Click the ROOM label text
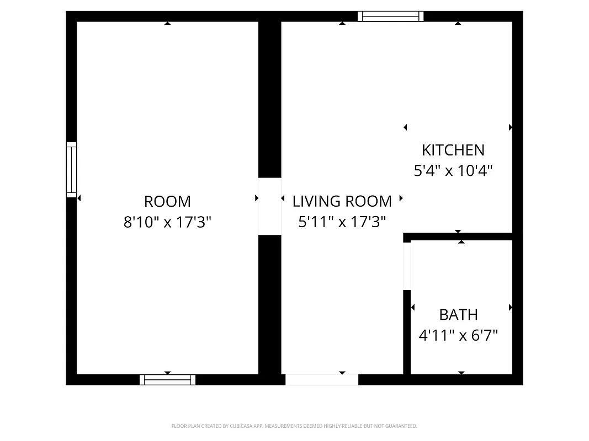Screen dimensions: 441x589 tap(167, 201)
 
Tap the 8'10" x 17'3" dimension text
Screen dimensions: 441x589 tap(167, 222)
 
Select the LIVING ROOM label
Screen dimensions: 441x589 tap(342, 201)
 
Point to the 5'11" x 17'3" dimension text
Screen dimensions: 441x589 tap(342, 222)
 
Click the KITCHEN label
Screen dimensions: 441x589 tap(453, 150)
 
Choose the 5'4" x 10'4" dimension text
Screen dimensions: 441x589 tap(453, 171)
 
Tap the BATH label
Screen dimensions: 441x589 tap(458, 315)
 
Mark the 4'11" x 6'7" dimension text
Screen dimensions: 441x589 tap(458, 335)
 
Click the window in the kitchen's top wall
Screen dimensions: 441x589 tap(390, 17)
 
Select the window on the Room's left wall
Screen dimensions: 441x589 tap(71, 170)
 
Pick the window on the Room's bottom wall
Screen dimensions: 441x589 tap(167, 380)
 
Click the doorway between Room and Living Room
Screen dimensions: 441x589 tap(269, 206)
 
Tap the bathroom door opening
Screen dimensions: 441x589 tap(407, 266)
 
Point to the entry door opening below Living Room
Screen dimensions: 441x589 tap(321, 380)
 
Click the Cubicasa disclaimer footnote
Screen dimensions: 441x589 tap(294, 426)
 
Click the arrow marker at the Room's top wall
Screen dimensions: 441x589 tap(167, 23)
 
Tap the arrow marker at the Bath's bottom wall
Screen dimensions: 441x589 tap(461, 373)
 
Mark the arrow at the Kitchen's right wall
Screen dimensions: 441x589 tap(511, 127)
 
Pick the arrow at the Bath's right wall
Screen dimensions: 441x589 tap(511, 308)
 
